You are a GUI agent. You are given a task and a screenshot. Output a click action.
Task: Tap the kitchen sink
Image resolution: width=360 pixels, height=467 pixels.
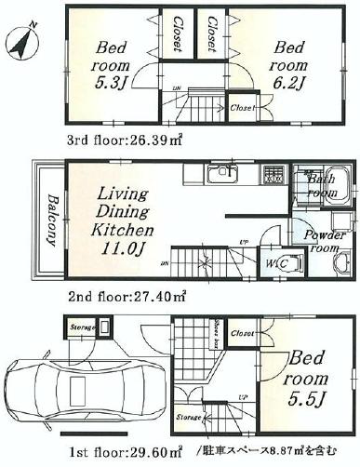click(220, 174)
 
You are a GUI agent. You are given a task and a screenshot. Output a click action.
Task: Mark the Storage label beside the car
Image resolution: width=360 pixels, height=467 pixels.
click(82, 327)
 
